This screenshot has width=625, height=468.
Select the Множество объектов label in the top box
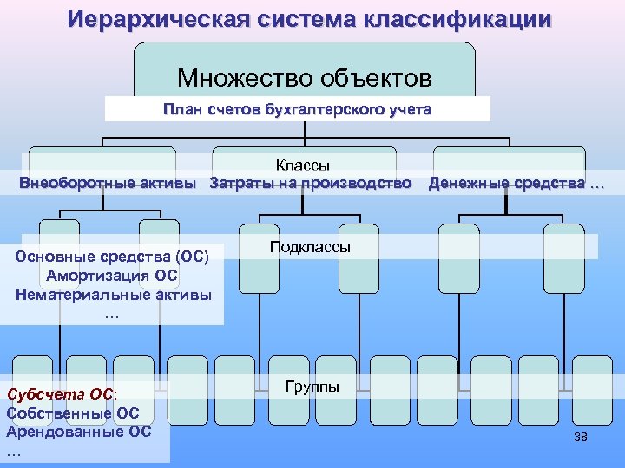click(304, 79)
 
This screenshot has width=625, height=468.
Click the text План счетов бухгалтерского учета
click(297, 110)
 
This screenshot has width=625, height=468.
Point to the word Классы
click(303, 165)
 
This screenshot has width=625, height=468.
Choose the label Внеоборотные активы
click(108, 183)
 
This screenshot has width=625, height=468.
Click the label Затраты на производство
click(311, 183)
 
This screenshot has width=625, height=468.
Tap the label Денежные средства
click(509, 183)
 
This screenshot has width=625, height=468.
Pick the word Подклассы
click(310, 247)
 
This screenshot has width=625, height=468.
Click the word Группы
click(312, 387)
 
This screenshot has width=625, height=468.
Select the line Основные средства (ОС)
click(113, 257)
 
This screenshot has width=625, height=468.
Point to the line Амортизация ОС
click(113, 276)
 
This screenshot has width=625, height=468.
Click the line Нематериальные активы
click(113, 295)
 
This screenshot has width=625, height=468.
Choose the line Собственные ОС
click(72, 413)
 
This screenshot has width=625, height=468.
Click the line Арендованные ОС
click(78, 432)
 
